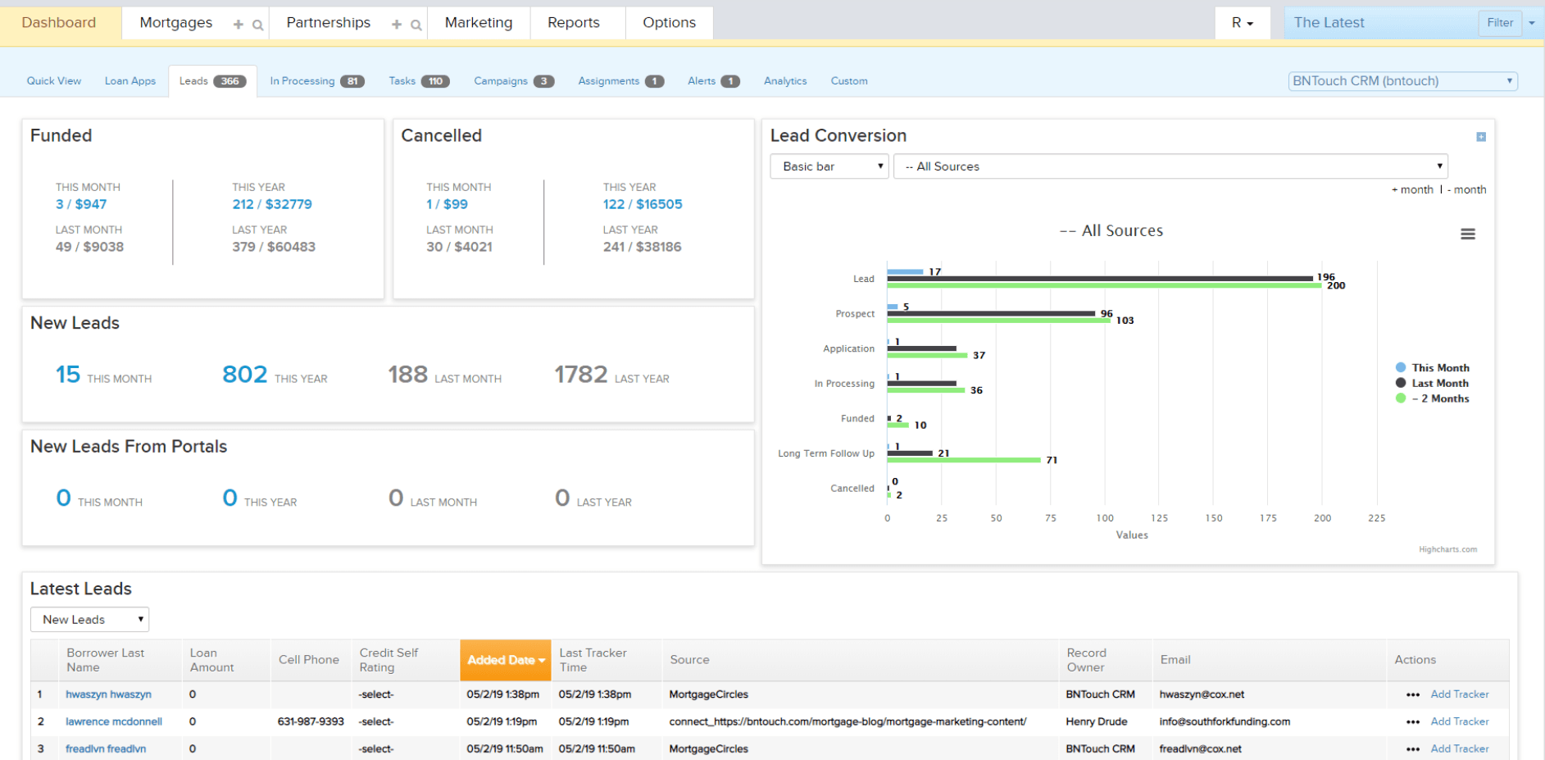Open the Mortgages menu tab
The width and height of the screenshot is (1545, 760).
click(175, 23)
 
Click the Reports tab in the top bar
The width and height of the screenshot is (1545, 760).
click(573, 23)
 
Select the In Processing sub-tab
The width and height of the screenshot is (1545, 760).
click(302, 81)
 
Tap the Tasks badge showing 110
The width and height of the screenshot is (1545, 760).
click(435, 81)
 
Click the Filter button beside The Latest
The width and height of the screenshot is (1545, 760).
click(1499, 23)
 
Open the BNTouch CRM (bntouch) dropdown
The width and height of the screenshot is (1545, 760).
click(1402, 81)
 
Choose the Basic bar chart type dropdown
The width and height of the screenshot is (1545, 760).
click(829, 166)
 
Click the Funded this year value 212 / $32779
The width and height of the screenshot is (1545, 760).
click(271, 204)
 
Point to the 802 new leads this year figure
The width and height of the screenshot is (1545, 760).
click(244, 375)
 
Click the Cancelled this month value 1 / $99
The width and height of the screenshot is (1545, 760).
click(447, 204)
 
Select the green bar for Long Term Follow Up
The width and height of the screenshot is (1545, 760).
click(963, 460)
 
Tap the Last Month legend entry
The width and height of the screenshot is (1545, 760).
click(1439, 383)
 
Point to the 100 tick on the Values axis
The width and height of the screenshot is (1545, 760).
click(1105, 518)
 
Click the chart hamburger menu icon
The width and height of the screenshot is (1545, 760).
click(1467, 234)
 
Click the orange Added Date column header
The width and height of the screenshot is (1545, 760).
click(505, 660)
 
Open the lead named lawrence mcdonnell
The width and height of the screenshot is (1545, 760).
click(114, 721)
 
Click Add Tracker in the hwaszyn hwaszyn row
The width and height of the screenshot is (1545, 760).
click(1459, 694)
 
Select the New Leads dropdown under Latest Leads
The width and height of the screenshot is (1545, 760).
click(89, 620)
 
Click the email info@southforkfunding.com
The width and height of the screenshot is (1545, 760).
click(1224, 721)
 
